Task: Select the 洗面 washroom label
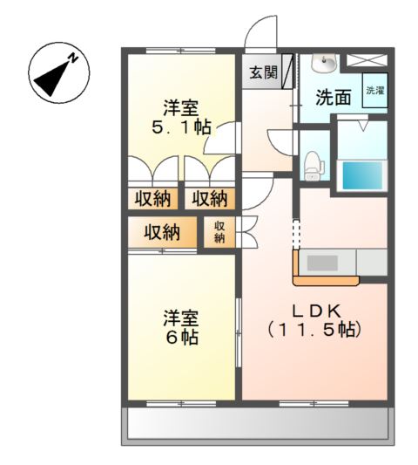tap(333, 98)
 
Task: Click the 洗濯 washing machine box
tap(374, 91)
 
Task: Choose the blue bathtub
tap(361, 174)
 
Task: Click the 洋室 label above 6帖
tap(181, 317)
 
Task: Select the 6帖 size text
tap(181, 338)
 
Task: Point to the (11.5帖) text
tap(313, 331)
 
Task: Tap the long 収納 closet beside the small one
tap(162, 233)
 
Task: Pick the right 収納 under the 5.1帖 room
tap(211, 198)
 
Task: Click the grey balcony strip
tap(257, 425)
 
